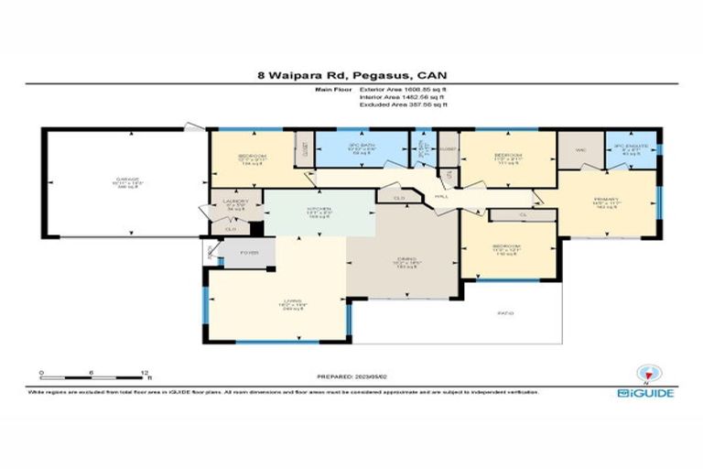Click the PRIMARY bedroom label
606,203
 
